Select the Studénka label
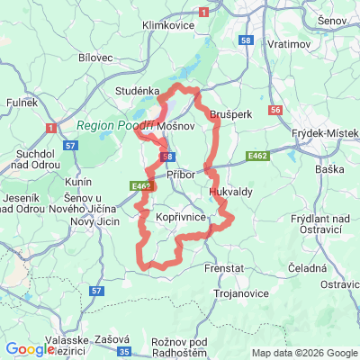[137, 91]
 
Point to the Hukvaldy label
[230, 192]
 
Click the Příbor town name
[183, 175]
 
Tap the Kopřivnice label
[182, 218]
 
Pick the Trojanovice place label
[242, 293]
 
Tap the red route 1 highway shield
[204, 12]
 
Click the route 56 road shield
[275, 110]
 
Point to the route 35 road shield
[124, 351]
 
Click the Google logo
[31, 349]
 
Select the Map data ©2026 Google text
[303, 353]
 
